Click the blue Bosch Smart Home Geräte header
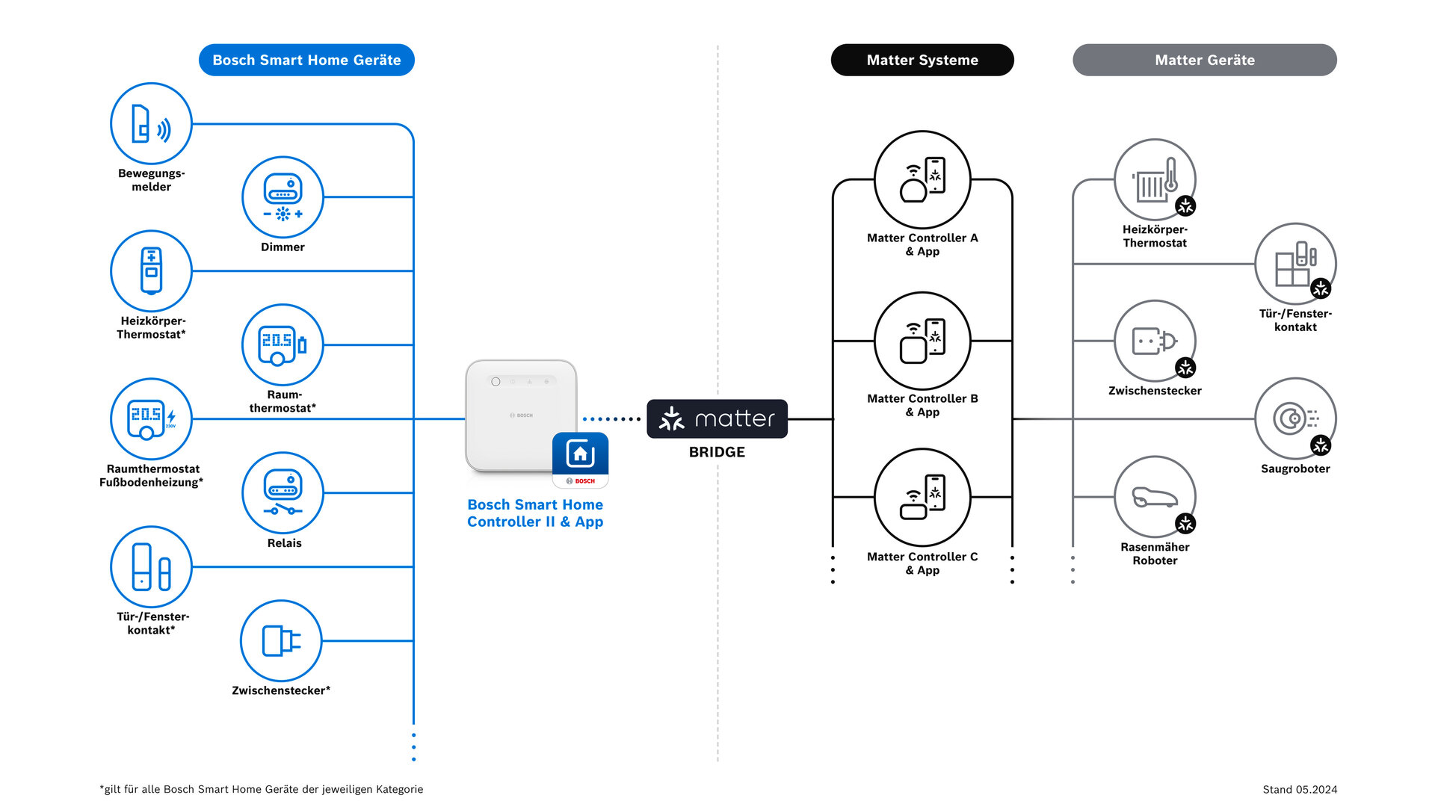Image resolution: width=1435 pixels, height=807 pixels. tap(306, 60)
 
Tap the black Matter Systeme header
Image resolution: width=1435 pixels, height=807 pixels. tap(922, 60)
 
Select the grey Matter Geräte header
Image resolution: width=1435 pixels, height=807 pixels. tap(1204, 60)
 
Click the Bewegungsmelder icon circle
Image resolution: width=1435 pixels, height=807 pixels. tap(151, 123)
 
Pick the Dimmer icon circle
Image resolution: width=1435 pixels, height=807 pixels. tap(283, 197)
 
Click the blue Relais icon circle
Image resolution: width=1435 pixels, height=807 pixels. tap(283, 493)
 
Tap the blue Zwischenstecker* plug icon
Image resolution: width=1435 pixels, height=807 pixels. tap(281, 640)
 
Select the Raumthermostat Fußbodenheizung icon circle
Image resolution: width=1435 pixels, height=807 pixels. tap(151, 418)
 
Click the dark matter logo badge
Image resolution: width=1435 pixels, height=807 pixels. tap(717, 418)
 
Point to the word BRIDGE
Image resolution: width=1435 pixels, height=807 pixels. tap(717, 452)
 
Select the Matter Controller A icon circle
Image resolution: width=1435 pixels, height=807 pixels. tap(922, 179)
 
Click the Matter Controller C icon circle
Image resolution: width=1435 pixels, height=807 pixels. tap(922, 497)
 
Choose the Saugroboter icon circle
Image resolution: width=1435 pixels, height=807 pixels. tap(1294, 418)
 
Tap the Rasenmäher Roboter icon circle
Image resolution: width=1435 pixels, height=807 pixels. tap(1155, 497)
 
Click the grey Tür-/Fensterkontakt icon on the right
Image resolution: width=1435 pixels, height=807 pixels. tap(1294, 264)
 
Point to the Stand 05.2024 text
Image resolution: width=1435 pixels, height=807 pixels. tap(1300, 789)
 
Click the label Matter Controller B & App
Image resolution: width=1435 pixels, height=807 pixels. tap(922, 405)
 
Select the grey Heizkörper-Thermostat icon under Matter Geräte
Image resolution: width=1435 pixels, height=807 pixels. tap(1155, 179)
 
